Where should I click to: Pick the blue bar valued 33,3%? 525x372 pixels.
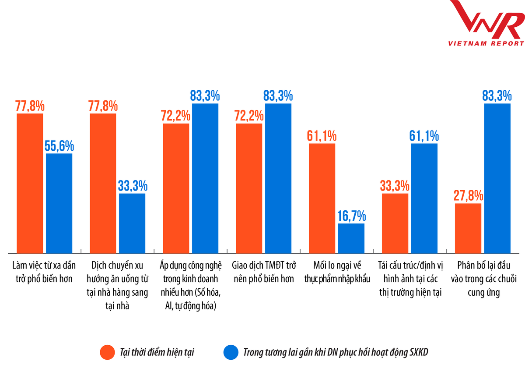click(132, 223)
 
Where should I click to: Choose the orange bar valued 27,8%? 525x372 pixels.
click(468, 228)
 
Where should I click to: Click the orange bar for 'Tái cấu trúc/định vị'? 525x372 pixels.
click(395, 223)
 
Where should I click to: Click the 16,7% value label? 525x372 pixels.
click(351, 216)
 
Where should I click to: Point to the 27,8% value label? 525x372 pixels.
click(468, 195)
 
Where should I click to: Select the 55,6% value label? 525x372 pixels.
click(59, 146)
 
